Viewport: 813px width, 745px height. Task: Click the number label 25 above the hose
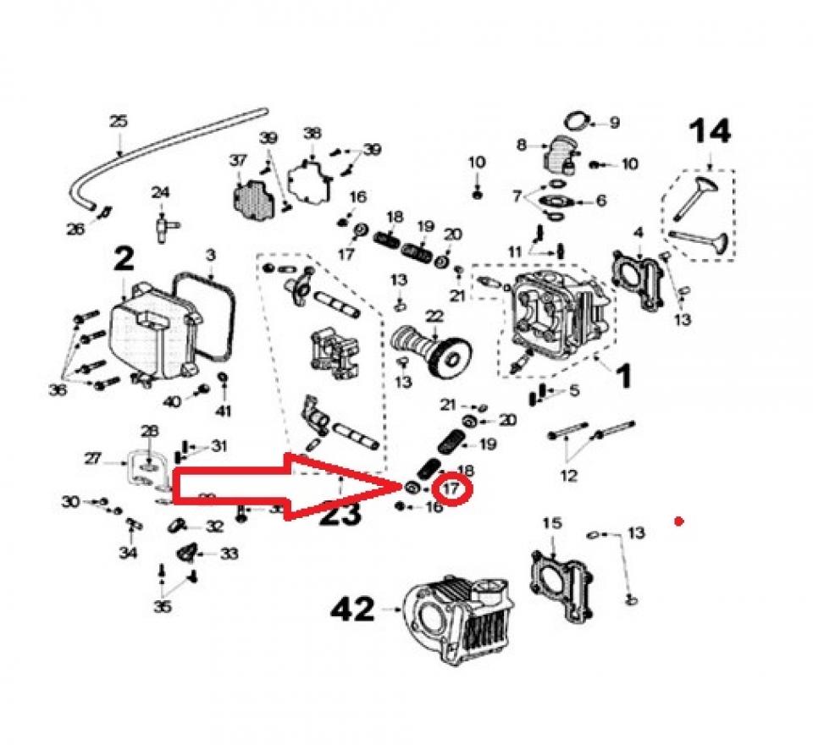pyautogui.click(x=118, y=122)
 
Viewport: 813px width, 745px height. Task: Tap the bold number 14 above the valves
pyautogui.click(x=709, y=132)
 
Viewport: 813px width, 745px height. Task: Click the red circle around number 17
pyautogui.click(x=451, y=488)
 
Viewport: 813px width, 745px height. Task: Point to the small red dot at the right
pyautogui.click(x=678, y=521)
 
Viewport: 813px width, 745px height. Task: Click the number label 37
pyautogui.click(x=236, y=160)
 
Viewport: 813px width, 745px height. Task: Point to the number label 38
pyautogui.click(x=312, y=133)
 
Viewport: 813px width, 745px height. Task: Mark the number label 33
pyautogui.click(x=230, y=554)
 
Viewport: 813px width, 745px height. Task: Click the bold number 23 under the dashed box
pyautogui.click(x=340, y=514)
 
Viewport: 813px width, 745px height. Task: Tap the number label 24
pyautogui.click(x=161, y=193)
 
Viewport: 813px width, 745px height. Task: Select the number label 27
pyautogui.click(x=93, y=459)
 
